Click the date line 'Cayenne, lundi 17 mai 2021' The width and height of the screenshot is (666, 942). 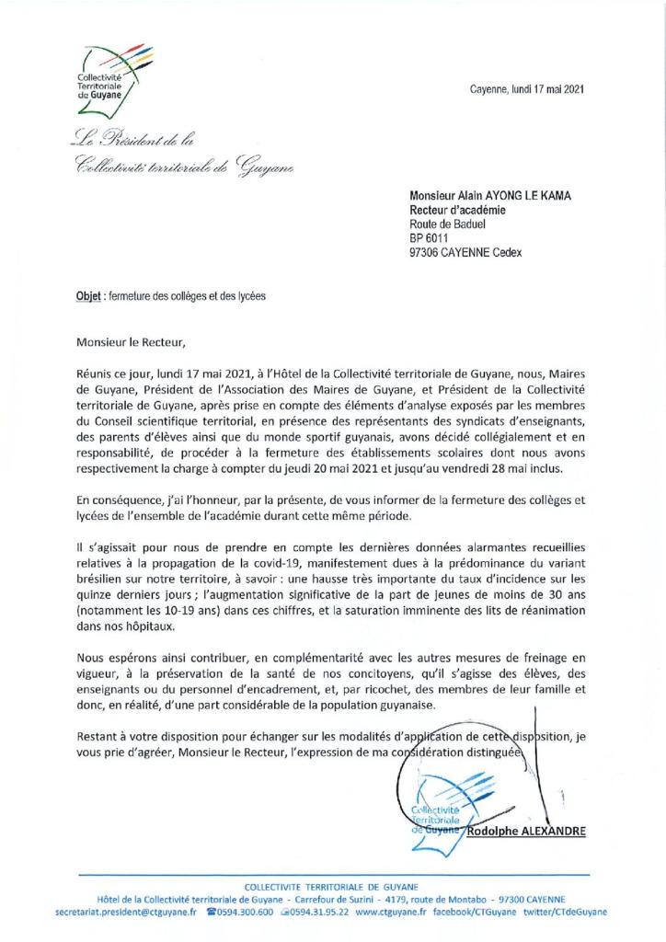[526, 90]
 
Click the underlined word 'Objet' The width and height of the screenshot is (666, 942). [89, 297]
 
